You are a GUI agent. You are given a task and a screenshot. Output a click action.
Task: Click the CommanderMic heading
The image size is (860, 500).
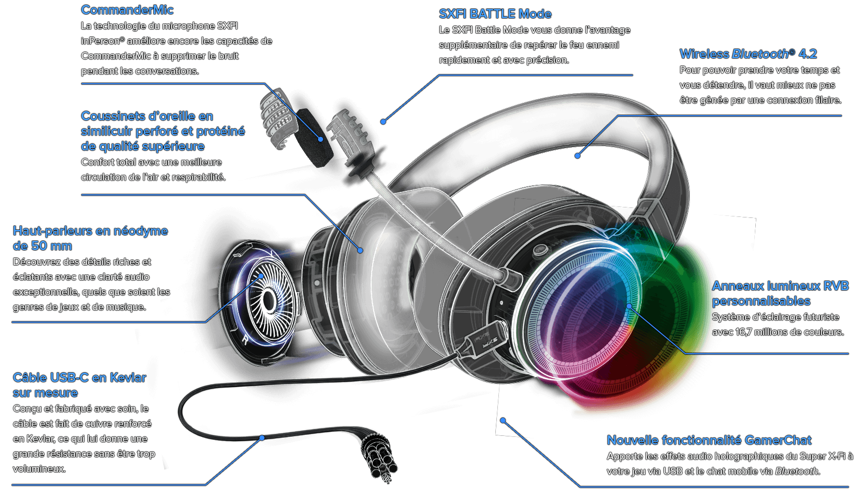[127, 10]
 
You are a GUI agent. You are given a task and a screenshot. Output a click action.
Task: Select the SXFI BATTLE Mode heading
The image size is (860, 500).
[495, 14]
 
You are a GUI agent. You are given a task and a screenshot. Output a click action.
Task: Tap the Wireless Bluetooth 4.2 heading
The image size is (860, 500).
[748, 54]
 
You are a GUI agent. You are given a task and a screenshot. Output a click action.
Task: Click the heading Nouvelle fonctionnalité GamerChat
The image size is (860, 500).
[709, 440]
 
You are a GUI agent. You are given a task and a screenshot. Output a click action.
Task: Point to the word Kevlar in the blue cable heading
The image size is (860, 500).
[128, 378]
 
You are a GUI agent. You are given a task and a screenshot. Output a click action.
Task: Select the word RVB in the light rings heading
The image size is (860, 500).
[835, 286]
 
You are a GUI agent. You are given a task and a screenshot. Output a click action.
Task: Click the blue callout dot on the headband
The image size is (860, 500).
[578, 156]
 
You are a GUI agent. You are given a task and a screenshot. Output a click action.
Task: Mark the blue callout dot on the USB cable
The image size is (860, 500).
[262, 438]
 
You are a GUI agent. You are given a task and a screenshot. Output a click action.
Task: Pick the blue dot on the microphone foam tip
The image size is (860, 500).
[321, 139]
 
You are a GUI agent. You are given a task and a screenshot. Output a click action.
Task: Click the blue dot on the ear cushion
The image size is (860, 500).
[360, 250]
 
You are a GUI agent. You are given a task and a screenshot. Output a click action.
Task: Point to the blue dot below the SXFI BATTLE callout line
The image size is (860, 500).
[383, 122]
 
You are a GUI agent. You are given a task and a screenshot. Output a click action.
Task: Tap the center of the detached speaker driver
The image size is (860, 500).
[269, 301]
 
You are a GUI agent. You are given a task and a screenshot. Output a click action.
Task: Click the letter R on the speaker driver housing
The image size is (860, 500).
[245, 340]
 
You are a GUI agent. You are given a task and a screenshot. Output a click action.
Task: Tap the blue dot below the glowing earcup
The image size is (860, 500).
[503, 420]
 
